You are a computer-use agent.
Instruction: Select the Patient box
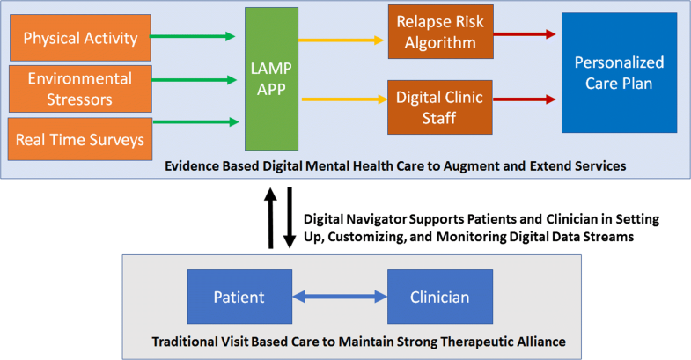[239, 298]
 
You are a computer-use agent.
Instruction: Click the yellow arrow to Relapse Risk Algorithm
[342, 40]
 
